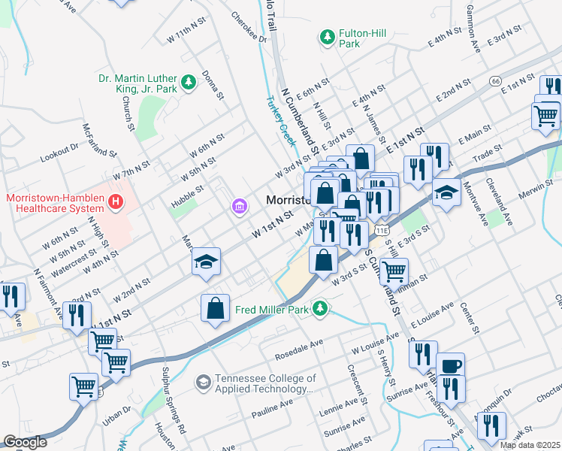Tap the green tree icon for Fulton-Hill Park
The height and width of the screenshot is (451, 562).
(x=327, y=35)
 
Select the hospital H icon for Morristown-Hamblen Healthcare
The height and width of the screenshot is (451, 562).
(x=115, y=201)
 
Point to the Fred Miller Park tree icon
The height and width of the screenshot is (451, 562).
(x=321, y=307)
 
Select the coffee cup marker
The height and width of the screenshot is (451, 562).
(x=450, y=366)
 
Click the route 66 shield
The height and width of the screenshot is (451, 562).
(x=494, y=80)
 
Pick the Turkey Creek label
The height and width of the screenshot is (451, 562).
(x=279, y=121)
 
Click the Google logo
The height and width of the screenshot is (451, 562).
(x=25, y=442)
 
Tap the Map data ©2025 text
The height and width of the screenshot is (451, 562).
(x=530, y=445)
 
